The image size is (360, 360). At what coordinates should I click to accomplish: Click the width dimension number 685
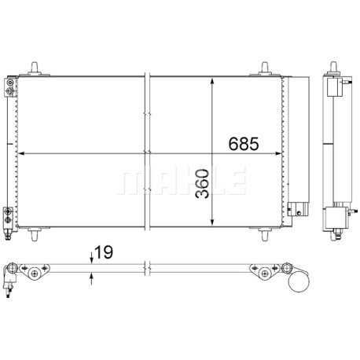point(244,144)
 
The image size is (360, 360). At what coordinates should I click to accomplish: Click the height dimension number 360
point(203,184)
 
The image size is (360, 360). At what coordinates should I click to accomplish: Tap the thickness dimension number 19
point(104,252)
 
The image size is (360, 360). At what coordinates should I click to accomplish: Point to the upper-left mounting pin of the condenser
point(35,68)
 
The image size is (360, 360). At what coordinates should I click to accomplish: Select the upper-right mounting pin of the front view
point(265,68)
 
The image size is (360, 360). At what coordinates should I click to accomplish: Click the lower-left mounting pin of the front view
point(35,234)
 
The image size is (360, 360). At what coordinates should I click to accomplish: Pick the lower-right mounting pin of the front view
point(265,234)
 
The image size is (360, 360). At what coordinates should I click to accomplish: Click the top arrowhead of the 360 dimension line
point(212,80)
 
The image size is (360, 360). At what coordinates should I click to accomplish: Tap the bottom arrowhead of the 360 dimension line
point(212,222)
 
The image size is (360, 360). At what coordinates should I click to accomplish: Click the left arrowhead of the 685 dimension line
point(21,153)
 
